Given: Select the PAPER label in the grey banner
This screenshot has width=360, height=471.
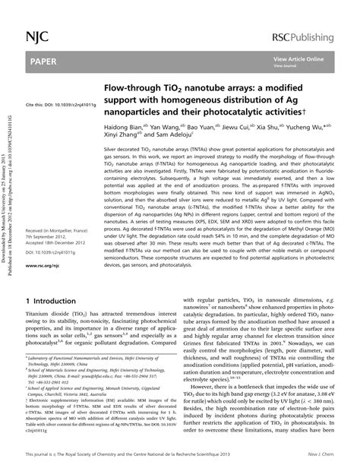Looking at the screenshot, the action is (43, 60).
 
